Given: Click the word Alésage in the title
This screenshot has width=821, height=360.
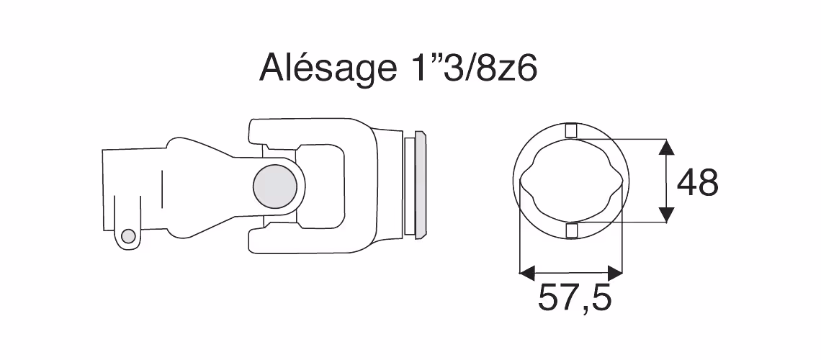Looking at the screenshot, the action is click(x=327, y=68).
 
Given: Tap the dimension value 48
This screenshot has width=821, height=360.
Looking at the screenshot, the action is click(x=697, y=183).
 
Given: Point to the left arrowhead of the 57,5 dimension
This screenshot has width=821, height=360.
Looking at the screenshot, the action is click(x=527, y=273).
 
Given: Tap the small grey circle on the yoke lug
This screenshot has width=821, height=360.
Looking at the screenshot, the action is click(x=127, y=236).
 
